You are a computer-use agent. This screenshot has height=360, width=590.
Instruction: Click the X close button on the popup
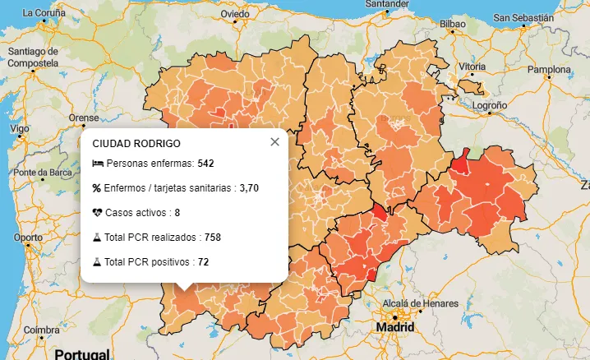click(274, 142)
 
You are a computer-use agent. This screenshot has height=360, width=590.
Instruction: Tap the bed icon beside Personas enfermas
click(97, 164)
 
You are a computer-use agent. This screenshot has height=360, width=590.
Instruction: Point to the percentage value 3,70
click(249, 188)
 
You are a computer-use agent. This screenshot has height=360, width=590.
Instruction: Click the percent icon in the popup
click(97, 188)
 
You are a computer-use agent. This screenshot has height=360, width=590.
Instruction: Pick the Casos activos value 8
click(177, 213)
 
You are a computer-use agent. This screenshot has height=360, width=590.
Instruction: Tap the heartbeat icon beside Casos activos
click(97, 213)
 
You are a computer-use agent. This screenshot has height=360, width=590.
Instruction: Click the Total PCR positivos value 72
click(204, 262)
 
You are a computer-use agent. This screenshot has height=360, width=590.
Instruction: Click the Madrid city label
click(395, 327)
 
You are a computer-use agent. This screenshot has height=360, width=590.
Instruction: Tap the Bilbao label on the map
click(453, 25)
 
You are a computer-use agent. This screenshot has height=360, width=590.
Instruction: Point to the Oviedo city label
click(235, 14)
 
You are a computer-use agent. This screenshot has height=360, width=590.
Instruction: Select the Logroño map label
click(490, 105)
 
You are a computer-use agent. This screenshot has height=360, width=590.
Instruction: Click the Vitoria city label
click(472, 67)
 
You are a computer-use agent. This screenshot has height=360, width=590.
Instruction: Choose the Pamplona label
click(548, 70)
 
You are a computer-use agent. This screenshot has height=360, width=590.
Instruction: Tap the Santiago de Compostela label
click(33, 57)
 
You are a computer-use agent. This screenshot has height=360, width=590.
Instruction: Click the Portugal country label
click(81, 354)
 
